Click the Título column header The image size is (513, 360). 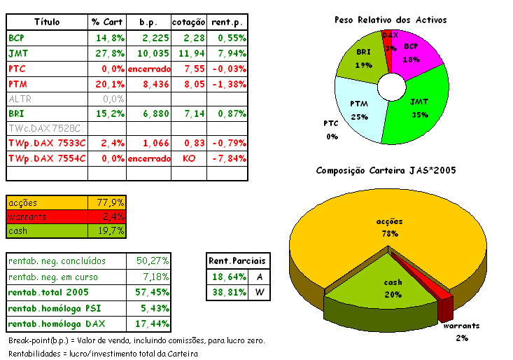click(47, 22)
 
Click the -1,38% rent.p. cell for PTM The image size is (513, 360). click(228, 83)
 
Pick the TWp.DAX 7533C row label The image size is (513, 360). click(47, 143)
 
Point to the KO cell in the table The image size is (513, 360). click(189, 158)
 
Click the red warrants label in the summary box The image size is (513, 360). click(27, 216)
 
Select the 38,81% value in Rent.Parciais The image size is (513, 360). click(227, 292)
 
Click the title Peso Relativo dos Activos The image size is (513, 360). click(390, 20)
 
